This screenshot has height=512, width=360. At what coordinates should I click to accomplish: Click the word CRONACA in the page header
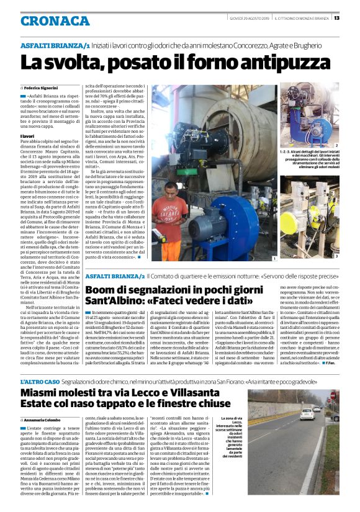[55, 21]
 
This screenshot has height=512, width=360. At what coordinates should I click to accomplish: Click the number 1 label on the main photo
[274, 258]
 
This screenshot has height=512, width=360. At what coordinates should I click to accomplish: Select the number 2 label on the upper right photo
[336, 145]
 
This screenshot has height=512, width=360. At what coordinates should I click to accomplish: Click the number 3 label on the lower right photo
[336, 255]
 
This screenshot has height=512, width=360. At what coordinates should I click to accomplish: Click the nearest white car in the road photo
[307, 414]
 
